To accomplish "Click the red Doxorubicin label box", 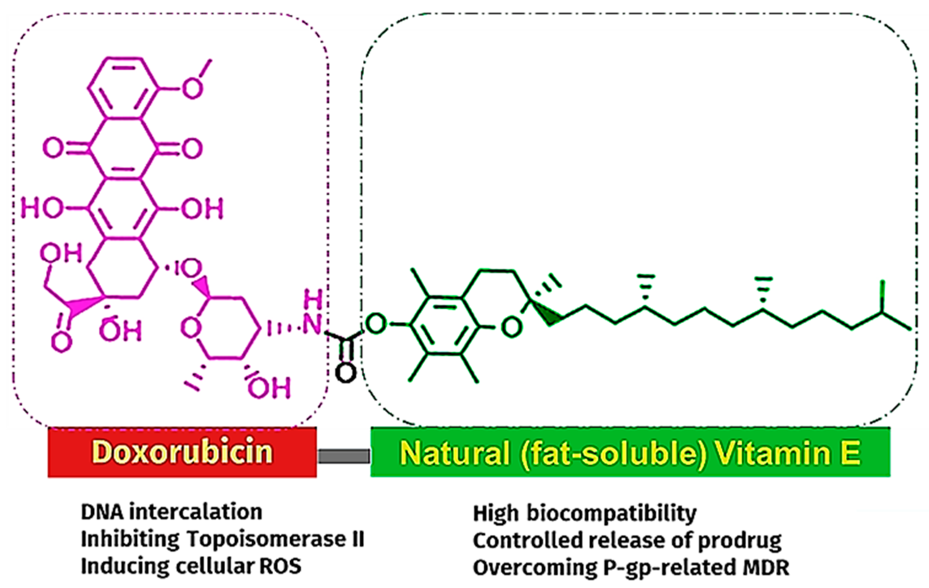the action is [182, 452].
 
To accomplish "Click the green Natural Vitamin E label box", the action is [630, 452].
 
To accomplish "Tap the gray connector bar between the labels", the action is [344, 456].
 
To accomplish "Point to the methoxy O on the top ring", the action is [192, 89].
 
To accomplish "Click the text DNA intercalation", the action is [171, 512].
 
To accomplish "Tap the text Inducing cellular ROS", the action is [191, 566].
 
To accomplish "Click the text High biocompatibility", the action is [585, 513].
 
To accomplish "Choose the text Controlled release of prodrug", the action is [627, 540].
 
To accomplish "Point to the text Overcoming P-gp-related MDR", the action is [631, 567].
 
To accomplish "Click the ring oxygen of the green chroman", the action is [511, 326].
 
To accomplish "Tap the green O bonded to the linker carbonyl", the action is [376, 324].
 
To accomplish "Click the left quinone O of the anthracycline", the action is [53, 148].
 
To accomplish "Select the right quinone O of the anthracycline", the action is [192, 148].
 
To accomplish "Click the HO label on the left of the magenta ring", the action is [42, 208].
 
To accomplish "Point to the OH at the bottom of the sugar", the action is [269, 387].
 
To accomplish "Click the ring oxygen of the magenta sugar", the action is [191, 328].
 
